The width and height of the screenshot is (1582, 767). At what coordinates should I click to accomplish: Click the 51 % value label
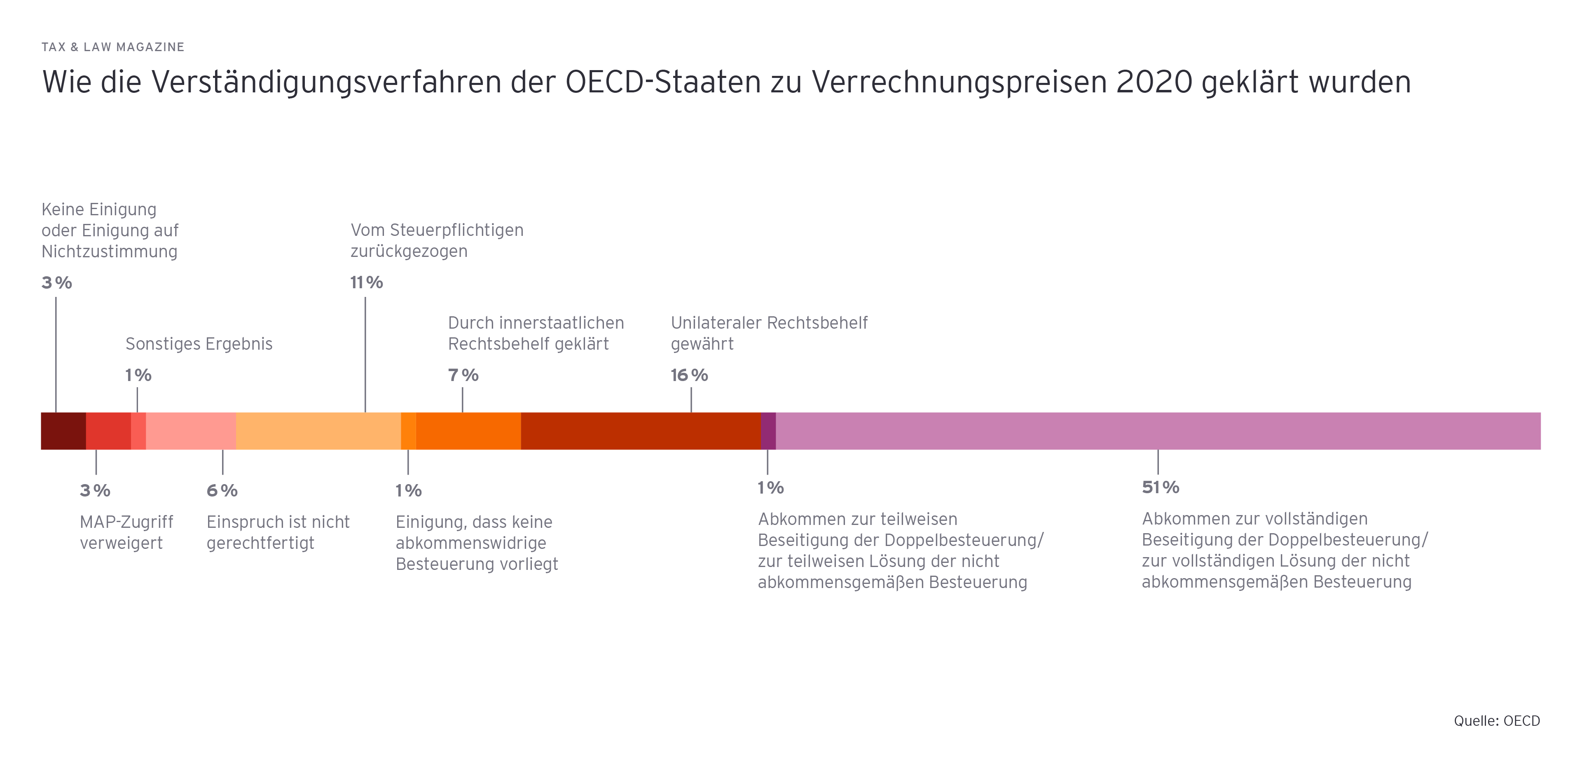[x=1160, y=487]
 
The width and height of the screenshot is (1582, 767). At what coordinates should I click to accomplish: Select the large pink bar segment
[x=1158, y=431]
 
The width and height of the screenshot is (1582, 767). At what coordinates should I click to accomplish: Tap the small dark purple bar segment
[x=768, y=431]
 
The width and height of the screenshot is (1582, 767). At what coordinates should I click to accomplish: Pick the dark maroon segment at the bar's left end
[x=63, y=431]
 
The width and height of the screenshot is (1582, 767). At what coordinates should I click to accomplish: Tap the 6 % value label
[x=222, y=490]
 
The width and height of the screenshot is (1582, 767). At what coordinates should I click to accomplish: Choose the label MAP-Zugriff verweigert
[x=126, y=532]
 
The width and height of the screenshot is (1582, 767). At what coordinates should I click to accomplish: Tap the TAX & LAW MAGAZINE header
[x=113, y=47]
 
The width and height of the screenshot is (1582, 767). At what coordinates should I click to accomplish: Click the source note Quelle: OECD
[x=1497, y=721]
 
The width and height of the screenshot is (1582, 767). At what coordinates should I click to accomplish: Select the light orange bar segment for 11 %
[x=318, y=431]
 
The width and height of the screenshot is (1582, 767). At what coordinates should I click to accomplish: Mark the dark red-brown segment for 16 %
[x=641, y=431]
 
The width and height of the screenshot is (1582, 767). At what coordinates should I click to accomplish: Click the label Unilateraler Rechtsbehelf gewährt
[x=769, y=333]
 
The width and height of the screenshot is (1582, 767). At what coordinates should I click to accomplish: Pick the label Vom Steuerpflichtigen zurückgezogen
[x=437, y=240]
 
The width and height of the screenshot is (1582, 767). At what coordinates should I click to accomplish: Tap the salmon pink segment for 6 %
[x=191, y=431]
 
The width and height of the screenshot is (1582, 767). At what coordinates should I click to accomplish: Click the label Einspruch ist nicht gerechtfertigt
[x=278, y=532]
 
